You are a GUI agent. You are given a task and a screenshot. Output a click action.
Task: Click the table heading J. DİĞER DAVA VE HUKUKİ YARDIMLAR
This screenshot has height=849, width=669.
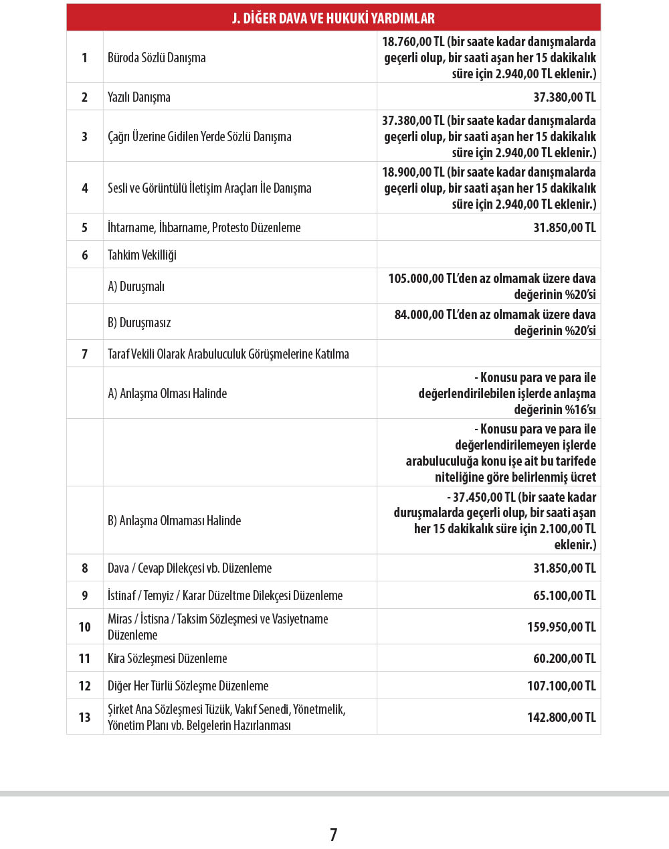[x=333, y=18]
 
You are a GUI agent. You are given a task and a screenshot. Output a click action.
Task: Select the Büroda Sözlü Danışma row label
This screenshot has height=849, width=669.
[x=157, y=58]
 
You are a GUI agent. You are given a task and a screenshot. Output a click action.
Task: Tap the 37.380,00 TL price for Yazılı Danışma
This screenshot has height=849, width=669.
[x=564, y=97]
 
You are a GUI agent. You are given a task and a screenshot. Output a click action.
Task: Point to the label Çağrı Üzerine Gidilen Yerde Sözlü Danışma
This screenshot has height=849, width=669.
[x=199, y=136]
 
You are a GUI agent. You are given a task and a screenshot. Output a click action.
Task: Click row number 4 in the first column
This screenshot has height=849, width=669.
[x=85, y=188]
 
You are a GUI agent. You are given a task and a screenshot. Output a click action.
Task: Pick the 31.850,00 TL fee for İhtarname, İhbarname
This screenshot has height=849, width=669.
[x=564, y=227]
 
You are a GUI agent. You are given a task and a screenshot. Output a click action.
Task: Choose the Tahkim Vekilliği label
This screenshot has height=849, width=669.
[x=142, y=255]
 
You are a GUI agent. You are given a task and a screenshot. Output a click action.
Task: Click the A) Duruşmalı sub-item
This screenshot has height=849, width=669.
[x=136, y=286]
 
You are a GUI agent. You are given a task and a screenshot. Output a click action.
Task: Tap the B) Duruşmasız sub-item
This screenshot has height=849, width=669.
[x=139, y=322]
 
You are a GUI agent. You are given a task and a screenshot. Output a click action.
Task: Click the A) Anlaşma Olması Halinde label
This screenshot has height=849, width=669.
[x=167, y=393]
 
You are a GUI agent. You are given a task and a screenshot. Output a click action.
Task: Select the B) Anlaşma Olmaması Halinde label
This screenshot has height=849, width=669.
[x=174, y=521]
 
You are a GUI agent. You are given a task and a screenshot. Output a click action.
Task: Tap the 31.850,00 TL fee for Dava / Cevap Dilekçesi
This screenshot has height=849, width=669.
[x=564, y=568]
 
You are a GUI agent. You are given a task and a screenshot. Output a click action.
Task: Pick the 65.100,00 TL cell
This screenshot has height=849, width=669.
[x=564, y=595]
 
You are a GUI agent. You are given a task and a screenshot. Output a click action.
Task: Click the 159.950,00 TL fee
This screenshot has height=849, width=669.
[x=561, y=627]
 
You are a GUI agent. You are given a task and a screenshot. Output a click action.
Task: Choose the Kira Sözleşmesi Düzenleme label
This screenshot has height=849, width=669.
[x=167, y=658]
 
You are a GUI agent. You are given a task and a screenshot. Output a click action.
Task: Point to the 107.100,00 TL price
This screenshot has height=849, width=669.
[x=561, y=686]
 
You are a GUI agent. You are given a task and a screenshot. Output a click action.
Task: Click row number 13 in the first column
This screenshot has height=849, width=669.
[x=85, y=717]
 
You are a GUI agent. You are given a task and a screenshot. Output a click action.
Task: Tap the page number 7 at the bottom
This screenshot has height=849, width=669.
[x=333, y=834]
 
